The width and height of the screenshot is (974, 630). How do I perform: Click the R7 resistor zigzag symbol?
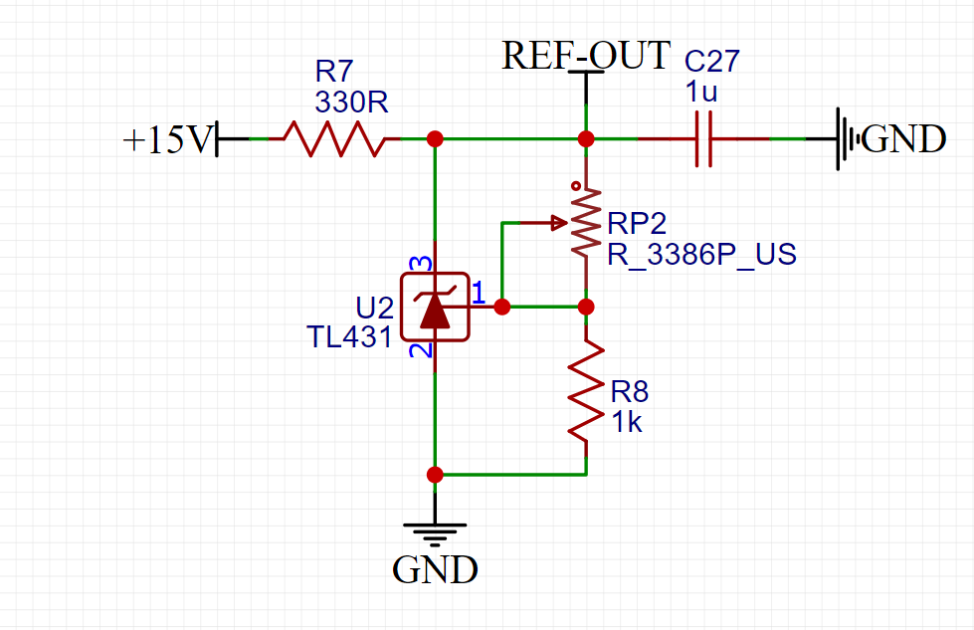334,138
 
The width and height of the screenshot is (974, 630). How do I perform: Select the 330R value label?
351,102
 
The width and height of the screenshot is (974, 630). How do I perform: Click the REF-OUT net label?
586,56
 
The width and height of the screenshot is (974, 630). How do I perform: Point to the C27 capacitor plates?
703,139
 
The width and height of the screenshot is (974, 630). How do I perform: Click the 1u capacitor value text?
701,92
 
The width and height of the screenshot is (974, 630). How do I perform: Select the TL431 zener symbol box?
435,307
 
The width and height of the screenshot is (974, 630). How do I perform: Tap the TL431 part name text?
350,337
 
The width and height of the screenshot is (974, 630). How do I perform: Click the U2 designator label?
374,308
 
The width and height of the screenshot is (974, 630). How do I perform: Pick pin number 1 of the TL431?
479,293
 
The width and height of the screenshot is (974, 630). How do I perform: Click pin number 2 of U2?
421,350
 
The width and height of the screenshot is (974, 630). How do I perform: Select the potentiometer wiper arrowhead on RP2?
560,222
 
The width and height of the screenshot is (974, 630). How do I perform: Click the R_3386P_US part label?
702,255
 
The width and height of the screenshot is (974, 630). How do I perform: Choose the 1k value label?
627,422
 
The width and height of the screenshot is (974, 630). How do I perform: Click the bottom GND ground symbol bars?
435,534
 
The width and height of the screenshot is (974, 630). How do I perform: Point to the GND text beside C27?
903,138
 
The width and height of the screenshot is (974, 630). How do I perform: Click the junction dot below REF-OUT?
586,139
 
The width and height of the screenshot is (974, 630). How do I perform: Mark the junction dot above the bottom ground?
435,475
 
